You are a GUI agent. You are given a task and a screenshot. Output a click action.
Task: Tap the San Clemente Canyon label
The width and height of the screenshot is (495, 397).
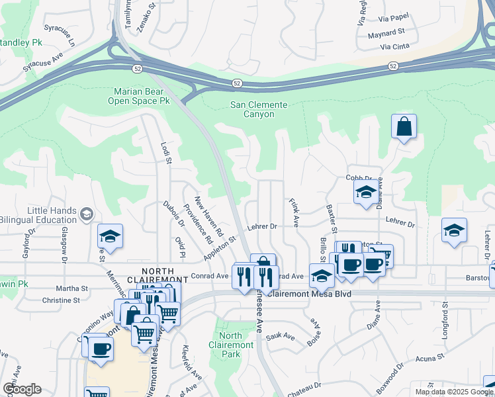tap(259, 109)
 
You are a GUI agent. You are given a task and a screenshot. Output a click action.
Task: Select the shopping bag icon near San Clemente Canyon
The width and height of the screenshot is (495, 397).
tap(404, 126)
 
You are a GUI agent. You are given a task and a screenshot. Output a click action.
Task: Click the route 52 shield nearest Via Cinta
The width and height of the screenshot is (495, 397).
tap(393, 66)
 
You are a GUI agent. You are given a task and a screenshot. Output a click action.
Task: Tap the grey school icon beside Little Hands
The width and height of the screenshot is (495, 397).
tap(87, 214)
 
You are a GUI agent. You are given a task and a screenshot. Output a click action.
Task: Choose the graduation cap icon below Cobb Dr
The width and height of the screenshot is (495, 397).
tap(366, 193)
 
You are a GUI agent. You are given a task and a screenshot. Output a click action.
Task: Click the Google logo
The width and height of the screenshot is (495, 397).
tap(22, 389)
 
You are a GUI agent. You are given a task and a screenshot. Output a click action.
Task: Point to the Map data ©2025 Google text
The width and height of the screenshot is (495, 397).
tap(454, 392)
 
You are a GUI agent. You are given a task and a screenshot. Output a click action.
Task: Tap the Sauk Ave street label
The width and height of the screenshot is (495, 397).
tap(281, 336)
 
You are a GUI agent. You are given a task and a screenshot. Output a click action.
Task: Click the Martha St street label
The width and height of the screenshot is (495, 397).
tap(71, 288)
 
